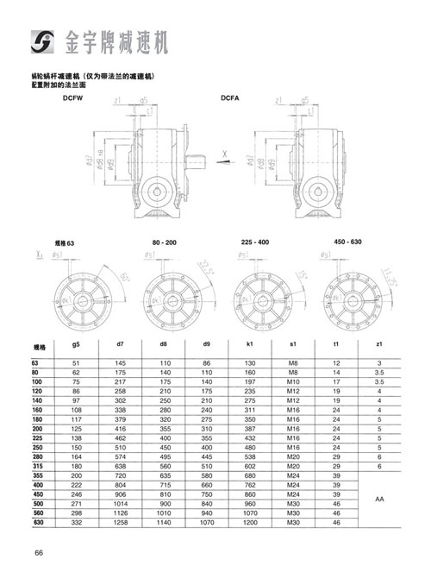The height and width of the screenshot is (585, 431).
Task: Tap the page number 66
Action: pyautogui.click(x=40, y=553)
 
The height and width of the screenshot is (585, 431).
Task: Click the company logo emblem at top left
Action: pyautogui.click(x=41, y=39)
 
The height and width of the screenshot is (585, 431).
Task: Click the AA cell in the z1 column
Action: pyautogui.click(x=380, y=499)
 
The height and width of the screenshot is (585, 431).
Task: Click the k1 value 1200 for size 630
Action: pyautogui.click(x=253, y=523)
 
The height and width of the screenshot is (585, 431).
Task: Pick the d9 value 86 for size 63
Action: pyautogui.click(x=208, y=362)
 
